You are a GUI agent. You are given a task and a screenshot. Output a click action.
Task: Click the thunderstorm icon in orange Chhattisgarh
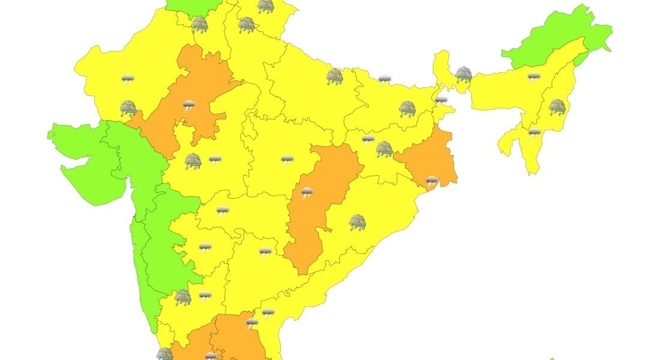[307, 193]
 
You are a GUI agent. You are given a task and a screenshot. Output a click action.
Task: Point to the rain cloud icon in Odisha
[358, 223]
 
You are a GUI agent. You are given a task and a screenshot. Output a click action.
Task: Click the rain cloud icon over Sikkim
[463, 74]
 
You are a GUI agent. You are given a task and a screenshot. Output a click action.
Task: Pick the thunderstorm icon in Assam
[533, 77]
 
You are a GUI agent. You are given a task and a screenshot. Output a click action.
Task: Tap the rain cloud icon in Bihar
[408, 109]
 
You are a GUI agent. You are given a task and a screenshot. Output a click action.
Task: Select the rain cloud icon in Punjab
[199, 25]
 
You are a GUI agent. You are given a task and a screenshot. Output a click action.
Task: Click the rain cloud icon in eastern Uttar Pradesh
[335, 76]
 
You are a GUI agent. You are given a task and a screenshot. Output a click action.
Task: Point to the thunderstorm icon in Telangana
[265, 251]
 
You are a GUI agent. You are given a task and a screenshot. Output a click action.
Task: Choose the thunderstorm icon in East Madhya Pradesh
[287, 160]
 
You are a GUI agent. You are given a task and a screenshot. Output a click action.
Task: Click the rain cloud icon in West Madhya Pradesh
[193, 161]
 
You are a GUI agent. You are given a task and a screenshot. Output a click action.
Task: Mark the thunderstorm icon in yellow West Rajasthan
[128, 79]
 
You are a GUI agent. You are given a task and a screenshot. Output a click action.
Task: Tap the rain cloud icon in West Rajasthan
[128, 109]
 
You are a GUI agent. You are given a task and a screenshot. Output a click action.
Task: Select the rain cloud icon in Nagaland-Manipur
[557, 107]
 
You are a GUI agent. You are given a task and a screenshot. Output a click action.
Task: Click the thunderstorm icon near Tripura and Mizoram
[534, 132]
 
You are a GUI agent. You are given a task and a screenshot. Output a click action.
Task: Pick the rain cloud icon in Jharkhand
[385, 149]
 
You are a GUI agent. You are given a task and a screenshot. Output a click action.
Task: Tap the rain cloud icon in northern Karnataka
[183, 297]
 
